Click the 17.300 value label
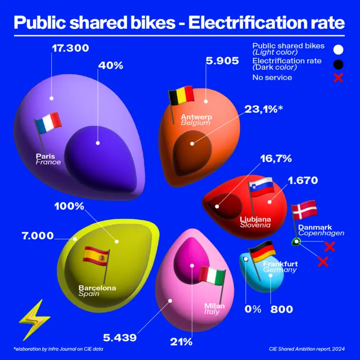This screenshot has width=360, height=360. click(x=70, y=48)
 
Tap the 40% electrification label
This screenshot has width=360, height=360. click(x=111, y=66)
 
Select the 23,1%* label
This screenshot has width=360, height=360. click(x=264, y=109)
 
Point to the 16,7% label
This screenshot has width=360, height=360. click(x=276, y=159)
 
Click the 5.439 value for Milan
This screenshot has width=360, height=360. click(x=120, y=338)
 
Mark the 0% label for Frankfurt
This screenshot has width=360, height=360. click(x=253, y=309)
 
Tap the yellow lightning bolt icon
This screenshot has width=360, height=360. click(x=34, y=320)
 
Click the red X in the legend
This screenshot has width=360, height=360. click(x=338, y=78)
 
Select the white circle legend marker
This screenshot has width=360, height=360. click(x=338, y=49)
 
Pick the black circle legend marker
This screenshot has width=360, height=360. click(x=338, y=64)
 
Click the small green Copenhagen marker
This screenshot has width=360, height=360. click(x=296, y=242)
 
